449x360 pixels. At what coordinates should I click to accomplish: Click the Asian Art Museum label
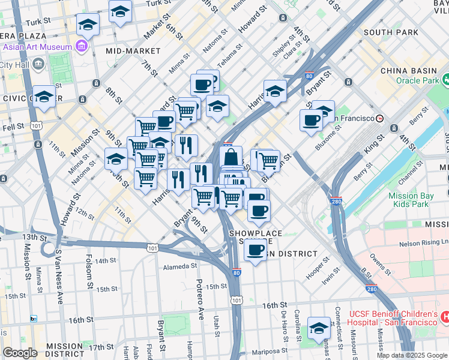pos(37,47)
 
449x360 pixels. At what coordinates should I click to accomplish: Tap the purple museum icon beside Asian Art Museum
pos(80,47)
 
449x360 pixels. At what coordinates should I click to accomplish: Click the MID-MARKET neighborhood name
pos(133,51)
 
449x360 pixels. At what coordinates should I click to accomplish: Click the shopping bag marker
pos(231,159)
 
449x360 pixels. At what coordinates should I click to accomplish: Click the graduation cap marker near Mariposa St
pos(319,328)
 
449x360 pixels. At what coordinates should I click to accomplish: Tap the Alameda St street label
pos(180,266)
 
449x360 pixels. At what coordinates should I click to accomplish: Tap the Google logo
pos(20,353)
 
